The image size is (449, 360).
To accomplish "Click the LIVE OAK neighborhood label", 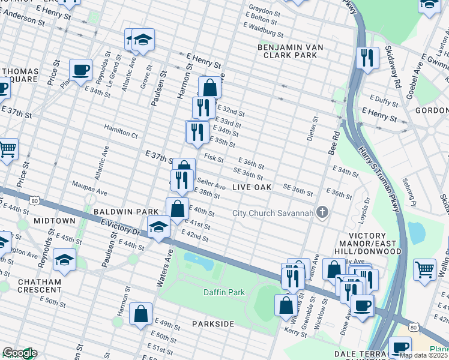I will click(x=252, y=188).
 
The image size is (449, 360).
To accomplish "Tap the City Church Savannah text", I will click(x=274, y=213).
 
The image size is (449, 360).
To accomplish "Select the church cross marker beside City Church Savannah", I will click(x=322, y=212).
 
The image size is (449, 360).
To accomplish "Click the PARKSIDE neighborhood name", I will click(x=213, y=324).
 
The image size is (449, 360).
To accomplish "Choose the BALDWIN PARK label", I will click(x=125, y=212).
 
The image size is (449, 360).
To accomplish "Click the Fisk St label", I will click(x=214, y=159).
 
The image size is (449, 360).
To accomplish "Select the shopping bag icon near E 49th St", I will click(x=140, y=313).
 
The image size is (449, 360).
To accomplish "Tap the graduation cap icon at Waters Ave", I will click(x=158, y=229).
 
